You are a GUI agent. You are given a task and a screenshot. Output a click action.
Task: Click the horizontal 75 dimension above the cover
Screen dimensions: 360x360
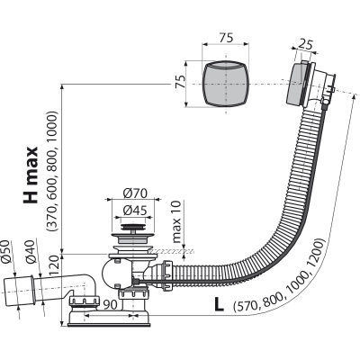click(226, 38)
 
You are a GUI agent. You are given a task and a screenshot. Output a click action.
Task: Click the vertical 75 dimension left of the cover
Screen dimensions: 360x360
click(180, 82)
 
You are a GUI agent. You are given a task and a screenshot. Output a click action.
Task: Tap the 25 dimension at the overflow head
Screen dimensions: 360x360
click(306, 44)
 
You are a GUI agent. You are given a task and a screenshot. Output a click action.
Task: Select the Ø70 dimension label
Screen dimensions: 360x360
click(135, 193)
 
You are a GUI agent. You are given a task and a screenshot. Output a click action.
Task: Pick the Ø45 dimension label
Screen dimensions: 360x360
click(135, 211)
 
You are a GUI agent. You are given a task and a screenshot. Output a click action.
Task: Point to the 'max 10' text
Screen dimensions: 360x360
click(177, 221)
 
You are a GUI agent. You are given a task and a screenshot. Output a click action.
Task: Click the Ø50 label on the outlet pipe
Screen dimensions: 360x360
click(6, 252)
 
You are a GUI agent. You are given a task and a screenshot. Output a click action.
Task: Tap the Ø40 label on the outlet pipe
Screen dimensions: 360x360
click(31, 252)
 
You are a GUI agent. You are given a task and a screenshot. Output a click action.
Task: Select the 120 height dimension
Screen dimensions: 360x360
click(54, 266)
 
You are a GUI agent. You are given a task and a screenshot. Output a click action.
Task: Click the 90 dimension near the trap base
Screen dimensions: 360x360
click(111, 305)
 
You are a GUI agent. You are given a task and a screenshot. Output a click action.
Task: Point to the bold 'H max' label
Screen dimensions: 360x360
click(31, 175)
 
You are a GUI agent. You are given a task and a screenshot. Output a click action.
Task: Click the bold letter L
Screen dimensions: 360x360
click(219, 304)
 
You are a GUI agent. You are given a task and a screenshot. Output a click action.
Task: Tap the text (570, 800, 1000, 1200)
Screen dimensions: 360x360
click(279, 274)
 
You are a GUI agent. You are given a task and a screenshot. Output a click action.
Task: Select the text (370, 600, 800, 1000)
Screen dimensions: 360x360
click(51, 171)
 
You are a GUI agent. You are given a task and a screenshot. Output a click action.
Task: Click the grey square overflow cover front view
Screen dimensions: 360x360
click(226, 84)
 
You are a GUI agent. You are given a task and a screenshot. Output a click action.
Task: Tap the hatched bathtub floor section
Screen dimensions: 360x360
click(172, 251)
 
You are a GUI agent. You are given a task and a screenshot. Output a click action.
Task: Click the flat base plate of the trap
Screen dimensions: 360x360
click(109, 325)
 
